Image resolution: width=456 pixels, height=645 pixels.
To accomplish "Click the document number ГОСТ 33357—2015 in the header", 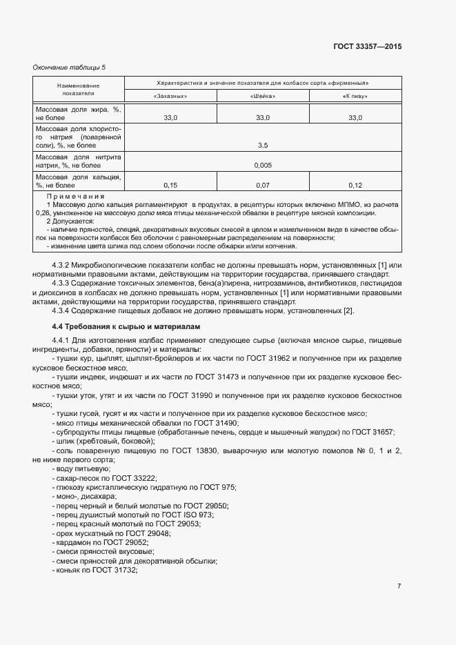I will (366, 47).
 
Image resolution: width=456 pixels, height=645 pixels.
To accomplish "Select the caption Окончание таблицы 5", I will (69, 67).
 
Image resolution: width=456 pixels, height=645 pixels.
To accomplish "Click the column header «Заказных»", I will (170, 96).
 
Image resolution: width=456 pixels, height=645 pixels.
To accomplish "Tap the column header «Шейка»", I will (263, 96).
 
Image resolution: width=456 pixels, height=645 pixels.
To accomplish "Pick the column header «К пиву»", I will (355, 96).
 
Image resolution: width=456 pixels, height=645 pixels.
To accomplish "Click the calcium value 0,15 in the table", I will (170, 186).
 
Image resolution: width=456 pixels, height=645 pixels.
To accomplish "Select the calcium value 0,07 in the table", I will (263, 186).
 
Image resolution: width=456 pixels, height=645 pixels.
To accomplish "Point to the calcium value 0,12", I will (355, 186).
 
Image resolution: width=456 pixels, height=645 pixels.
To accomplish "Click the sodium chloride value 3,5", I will (263, 146).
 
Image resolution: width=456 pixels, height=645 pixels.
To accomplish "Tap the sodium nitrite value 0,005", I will (263, 166).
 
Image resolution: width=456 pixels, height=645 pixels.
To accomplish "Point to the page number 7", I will (399, 586).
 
